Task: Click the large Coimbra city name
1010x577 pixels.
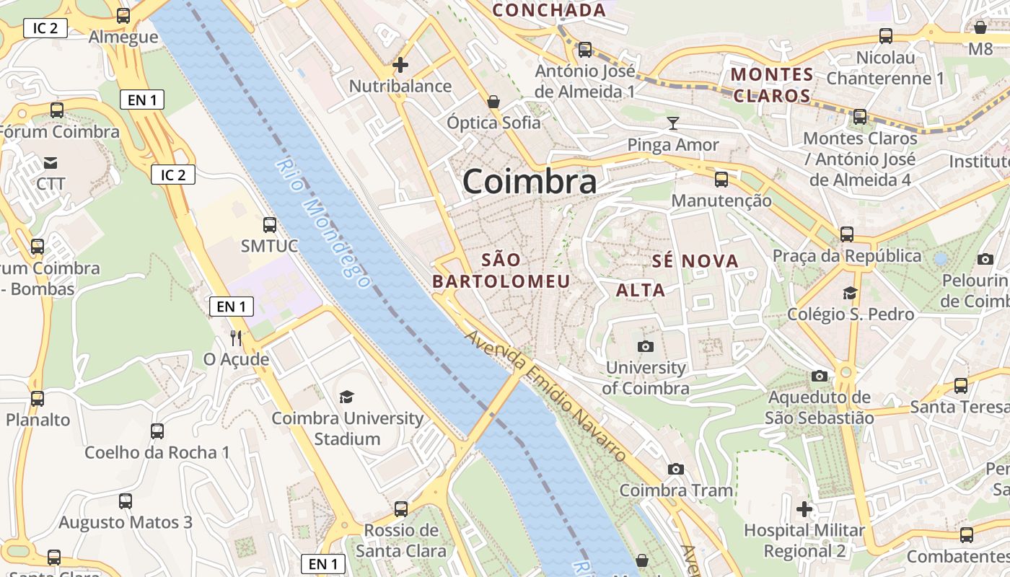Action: [x=530, y=182]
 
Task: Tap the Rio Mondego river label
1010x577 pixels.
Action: [x=322, y=224]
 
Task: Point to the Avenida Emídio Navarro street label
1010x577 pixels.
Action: [x=545, y=396]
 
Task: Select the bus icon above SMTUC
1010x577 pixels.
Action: [x=270, y=224]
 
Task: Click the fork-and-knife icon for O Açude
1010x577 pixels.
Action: [x=236, y=338]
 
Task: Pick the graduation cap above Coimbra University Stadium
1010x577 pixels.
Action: [x=347, y=397]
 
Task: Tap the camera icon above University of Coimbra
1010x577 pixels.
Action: [x=646, y=346]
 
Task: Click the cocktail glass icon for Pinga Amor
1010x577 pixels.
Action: [x=673, y=123]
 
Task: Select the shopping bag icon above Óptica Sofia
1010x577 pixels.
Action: [x=493, y=102]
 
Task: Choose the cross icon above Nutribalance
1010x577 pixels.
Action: [x=400, y=65]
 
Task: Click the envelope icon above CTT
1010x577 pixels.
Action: [x=50, y=163]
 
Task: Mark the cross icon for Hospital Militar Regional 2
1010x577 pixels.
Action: [x=804, y=509]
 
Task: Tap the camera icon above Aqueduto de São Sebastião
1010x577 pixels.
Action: [x=819, y=376]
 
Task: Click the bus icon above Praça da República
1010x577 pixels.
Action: [x=846, y=234]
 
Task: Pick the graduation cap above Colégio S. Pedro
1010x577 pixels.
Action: [x=850, y=293]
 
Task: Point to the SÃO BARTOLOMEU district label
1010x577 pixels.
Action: [x=501, y=270]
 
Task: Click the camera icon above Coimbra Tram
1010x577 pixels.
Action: [x=676, y=470]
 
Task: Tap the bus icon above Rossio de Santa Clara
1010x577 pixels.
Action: [x=401, y=509]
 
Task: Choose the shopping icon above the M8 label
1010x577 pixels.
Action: [x=980, y=27]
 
